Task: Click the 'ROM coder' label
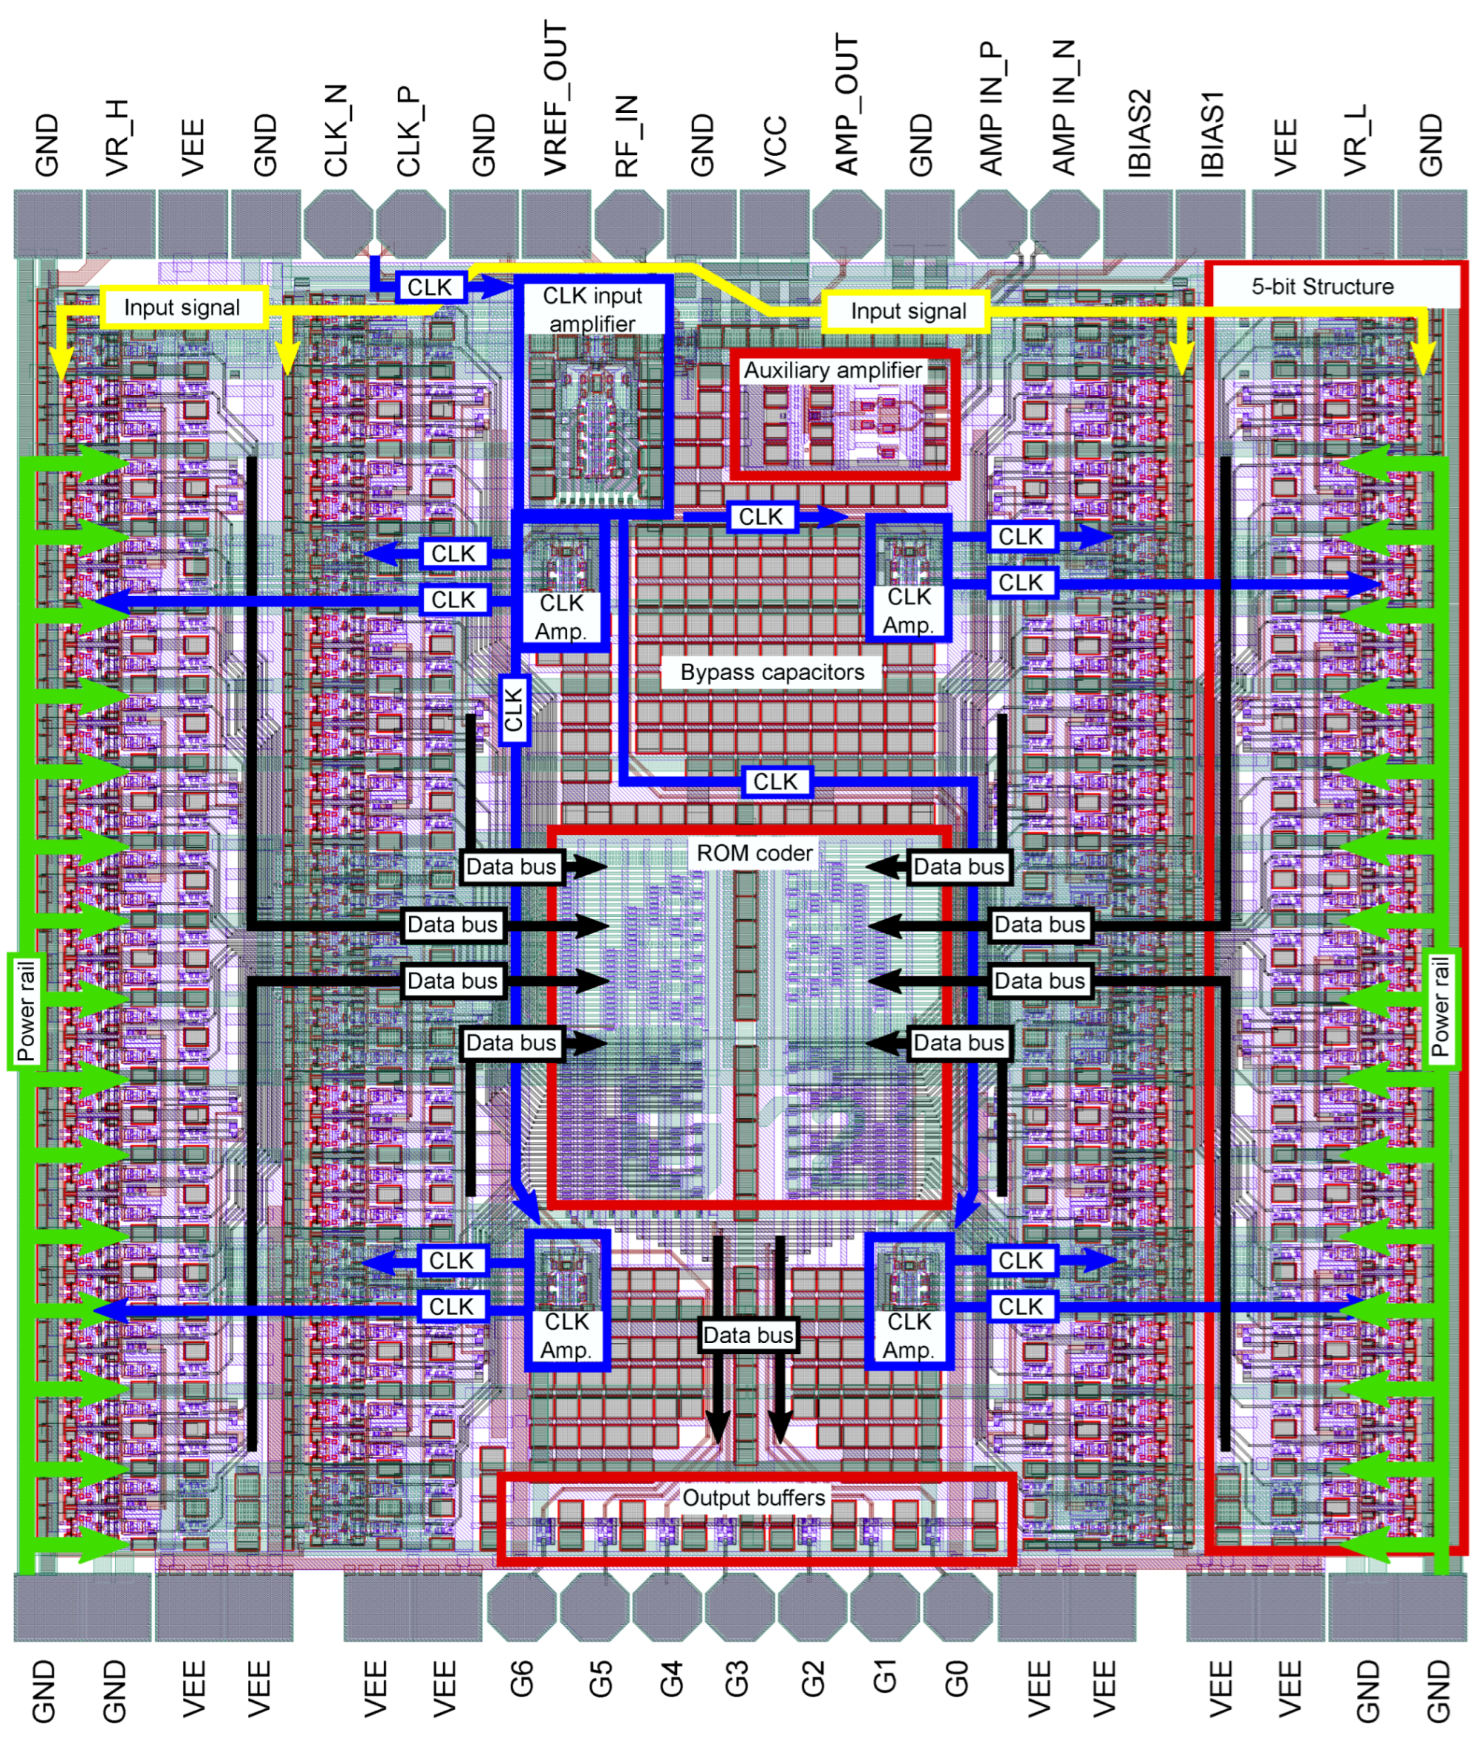click(754, 853)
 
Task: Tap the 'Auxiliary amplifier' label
click(832, 370)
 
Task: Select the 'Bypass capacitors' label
click(772, 672)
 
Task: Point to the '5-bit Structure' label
click(1322, 287)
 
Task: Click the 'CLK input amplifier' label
click(592, 310)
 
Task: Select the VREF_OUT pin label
click(555, 99)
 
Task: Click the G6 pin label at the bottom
click(521, 1679)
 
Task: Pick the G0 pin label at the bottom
click(957, 1679)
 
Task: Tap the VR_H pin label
click(117, 137)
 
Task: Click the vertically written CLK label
click(514, 708)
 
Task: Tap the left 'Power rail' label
click(26, 1010)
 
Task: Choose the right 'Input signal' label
click(909, 311)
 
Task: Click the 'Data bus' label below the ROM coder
click(748, 1335)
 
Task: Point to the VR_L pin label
click(1357, 140)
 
